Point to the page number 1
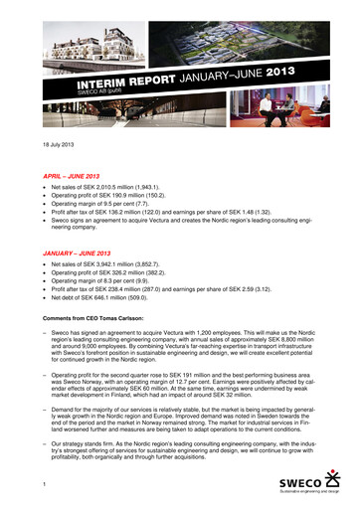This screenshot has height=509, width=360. pyautogui.click(x=32, y=484)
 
